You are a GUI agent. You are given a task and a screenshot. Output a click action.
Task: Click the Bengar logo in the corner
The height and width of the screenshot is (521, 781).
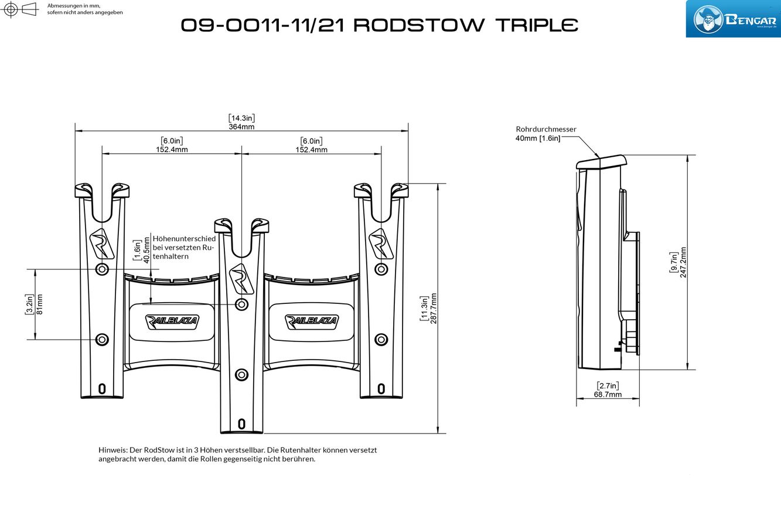click(x=733, y=19)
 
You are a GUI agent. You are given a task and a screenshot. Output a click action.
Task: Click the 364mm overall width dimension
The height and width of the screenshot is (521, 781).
click(x=241, y=127)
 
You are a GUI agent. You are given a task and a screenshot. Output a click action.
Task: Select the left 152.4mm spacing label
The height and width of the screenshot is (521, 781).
click(x=172, y=150)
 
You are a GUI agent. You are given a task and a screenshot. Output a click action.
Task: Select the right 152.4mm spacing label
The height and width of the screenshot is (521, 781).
click(x=311, y=150)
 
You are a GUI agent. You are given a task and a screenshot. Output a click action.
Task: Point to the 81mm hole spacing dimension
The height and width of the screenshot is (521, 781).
click(x=39, y=305)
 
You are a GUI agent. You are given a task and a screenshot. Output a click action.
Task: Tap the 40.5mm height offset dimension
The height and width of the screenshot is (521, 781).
click(x=146, y=250)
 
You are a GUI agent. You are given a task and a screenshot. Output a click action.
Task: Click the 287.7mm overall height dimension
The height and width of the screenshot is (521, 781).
click(x=434, y=309)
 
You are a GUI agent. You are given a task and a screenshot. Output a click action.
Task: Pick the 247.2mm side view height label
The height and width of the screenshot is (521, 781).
click(x=683, y=263)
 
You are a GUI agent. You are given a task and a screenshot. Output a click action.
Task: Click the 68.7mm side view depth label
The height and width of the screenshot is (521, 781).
click(x=608, y=395)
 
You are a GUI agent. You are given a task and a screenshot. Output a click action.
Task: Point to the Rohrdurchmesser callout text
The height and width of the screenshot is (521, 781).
click(x=546, y=129)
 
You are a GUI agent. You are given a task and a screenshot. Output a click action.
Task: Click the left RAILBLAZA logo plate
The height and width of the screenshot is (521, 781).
click(x=172, y=322)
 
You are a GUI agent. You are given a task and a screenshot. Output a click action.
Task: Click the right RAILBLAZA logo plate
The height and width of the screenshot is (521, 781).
click(x=311, y=322)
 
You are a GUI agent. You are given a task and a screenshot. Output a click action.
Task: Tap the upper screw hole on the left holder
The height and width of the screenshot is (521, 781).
click(x=102, y=269)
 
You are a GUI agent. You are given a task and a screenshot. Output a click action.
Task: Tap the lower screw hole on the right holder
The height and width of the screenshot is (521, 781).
click(x=381, y=340)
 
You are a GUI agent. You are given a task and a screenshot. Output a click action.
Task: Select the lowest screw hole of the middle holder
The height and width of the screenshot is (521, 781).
click(x=241, y=375)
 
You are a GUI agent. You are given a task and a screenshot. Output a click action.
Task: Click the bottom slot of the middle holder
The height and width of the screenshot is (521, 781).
click(x=241, y=424)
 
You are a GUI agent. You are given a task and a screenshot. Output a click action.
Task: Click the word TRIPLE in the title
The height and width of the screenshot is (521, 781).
click(x=537, y=25)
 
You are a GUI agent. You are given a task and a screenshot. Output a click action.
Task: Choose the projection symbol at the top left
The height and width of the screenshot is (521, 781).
click(x=19, y=9)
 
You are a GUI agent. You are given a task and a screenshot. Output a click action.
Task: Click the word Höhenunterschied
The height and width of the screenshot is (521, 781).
click(x=184, y=239)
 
